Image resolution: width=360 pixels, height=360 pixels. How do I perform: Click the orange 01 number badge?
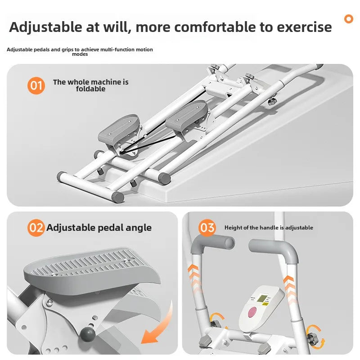point(36,85)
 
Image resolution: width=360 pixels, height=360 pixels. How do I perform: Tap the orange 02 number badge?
point(36,228)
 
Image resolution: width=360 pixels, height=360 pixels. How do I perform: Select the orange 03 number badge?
point(207,228)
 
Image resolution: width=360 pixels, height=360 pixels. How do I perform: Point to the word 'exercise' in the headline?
point(304,27)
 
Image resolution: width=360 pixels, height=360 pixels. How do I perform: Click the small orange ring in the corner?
point(348,18)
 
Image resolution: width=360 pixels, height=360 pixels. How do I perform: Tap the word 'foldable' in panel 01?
point(90,89)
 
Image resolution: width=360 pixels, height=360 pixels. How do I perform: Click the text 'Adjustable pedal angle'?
point(99,228)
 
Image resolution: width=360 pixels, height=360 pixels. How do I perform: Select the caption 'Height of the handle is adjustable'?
point(269,228)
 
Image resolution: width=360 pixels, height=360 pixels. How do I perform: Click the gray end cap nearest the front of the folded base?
point(117,197)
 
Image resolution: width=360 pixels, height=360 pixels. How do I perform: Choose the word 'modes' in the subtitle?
point(80,54)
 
